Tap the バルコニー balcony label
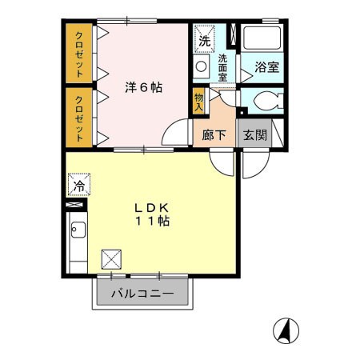146,293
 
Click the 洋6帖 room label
144,86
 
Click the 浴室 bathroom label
266,68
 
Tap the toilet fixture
264,102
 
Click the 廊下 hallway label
214,134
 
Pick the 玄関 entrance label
254,134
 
